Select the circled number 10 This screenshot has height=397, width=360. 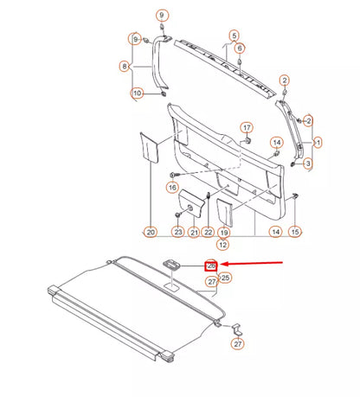pyautogui.click(x=136, y=93)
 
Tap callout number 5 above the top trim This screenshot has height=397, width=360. pyautogui.click(x=233, y=35)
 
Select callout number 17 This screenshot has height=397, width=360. pyautogui.click(x=247, y=127)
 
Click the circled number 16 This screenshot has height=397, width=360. pyautogui.click(x=172, y=186)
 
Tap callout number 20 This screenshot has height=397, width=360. pyautogui.click(x=151, y=232)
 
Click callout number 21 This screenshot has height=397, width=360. pyautogui.click(x=193, y=232)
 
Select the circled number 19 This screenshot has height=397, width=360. pyautogui.click(x=223, y=232)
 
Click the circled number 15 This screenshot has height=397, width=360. pyautogui.click(x=295, y=232)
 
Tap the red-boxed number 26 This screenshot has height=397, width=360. pyautogui.click(x=210, y=266)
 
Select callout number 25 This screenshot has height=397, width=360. pyautogui.click(x=226, y=278)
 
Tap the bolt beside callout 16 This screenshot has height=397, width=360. pyautogui.click(x=172, y=175)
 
